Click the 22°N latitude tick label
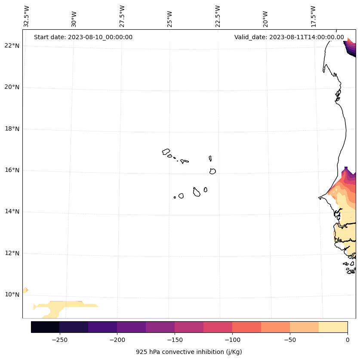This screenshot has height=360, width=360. click(x=12, y=46)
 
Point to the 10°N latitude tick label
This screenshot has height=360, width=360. click(x=12, y=295)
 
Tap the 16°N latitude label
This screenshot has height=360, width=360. click(x=12, y=170)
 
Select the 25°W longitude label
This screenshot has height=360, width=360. click(x=170, y=16)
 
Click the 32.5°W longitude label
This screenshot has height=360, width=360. click(x=27, y=16)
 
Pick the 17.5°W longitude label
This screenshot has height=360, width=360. click(x=313, y=16)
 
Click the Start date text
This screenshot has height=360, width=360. click(x=83, y=37)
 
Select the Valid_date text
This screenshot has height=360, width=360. click(x=289, y=37)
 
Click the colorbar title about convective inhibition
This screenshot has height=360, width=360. click(x=189, y=352)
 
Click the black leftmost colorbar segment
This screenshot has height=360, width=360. click(x=45, y=327)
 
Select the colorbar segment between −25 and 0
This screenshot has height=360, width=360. click(x=333, y=327)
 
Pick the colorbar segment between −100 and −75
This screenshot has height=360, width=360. click(x=246, y=327)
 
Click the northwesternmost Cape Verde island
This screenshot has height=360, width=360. click(x=166, y=152)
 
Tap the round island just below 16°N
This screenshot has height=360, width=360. click(x=212, y=171)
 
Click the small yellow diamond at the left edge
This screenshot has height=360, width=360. click(x=25, y=290)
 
